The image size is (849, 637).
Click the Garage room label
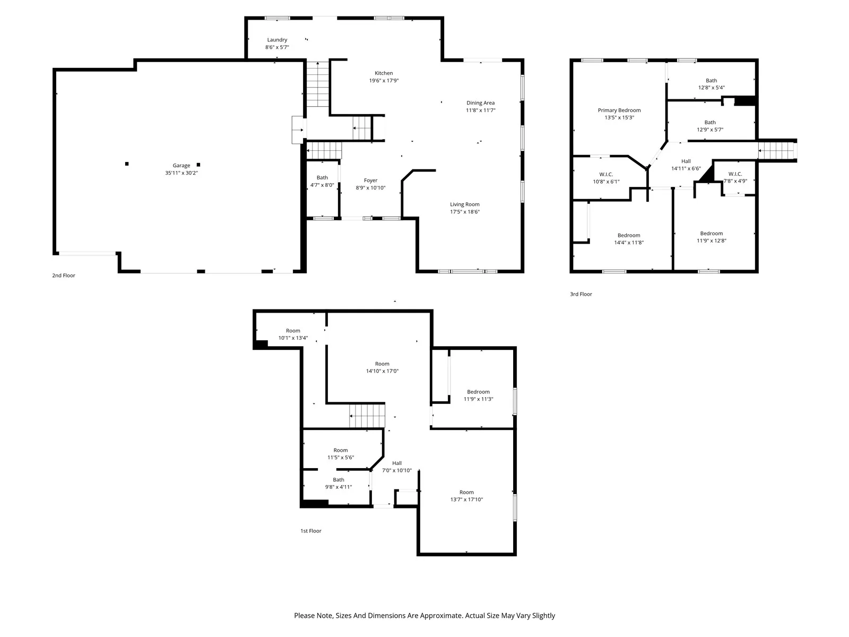[181, 166]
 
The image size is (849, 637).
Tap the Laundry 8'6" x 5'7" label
[277, 44]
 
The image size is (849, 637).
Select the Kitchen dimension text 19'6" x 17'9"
[384, 81]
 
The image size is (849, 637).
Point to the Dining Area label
[480, 103]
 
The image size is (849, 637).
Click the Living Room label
[465, 204]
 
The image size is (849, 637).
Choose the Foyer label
[370, 180]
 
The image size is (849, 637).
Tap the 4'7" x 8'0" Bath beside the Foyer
[322, 182]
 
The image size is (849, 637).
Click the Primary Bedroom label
[619, 110]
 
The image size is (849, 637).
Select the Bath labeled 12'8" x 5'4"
[711, 84]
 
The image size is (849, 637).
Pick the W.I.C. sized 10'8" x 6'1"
[606, 178]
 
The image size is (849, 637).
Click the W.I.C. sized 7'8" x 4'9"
[735, 177]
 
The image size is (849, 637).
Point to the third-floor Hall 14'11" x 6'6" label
[686, 165]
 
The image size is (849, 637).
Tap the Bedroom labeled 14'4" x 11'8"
[629, 239]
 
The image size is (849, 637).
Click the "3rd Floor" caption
[581, 294]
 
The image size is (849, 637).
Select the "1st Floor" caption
[311, 531]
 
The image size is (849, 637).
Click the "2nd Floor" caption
[64, 276]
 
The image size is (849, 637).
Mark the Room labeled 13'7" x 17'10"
[466, 496]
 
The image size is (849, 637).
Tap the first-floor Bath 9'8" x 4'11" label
[339, 483]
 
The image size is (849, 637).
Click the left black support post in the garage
[127, 164]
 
